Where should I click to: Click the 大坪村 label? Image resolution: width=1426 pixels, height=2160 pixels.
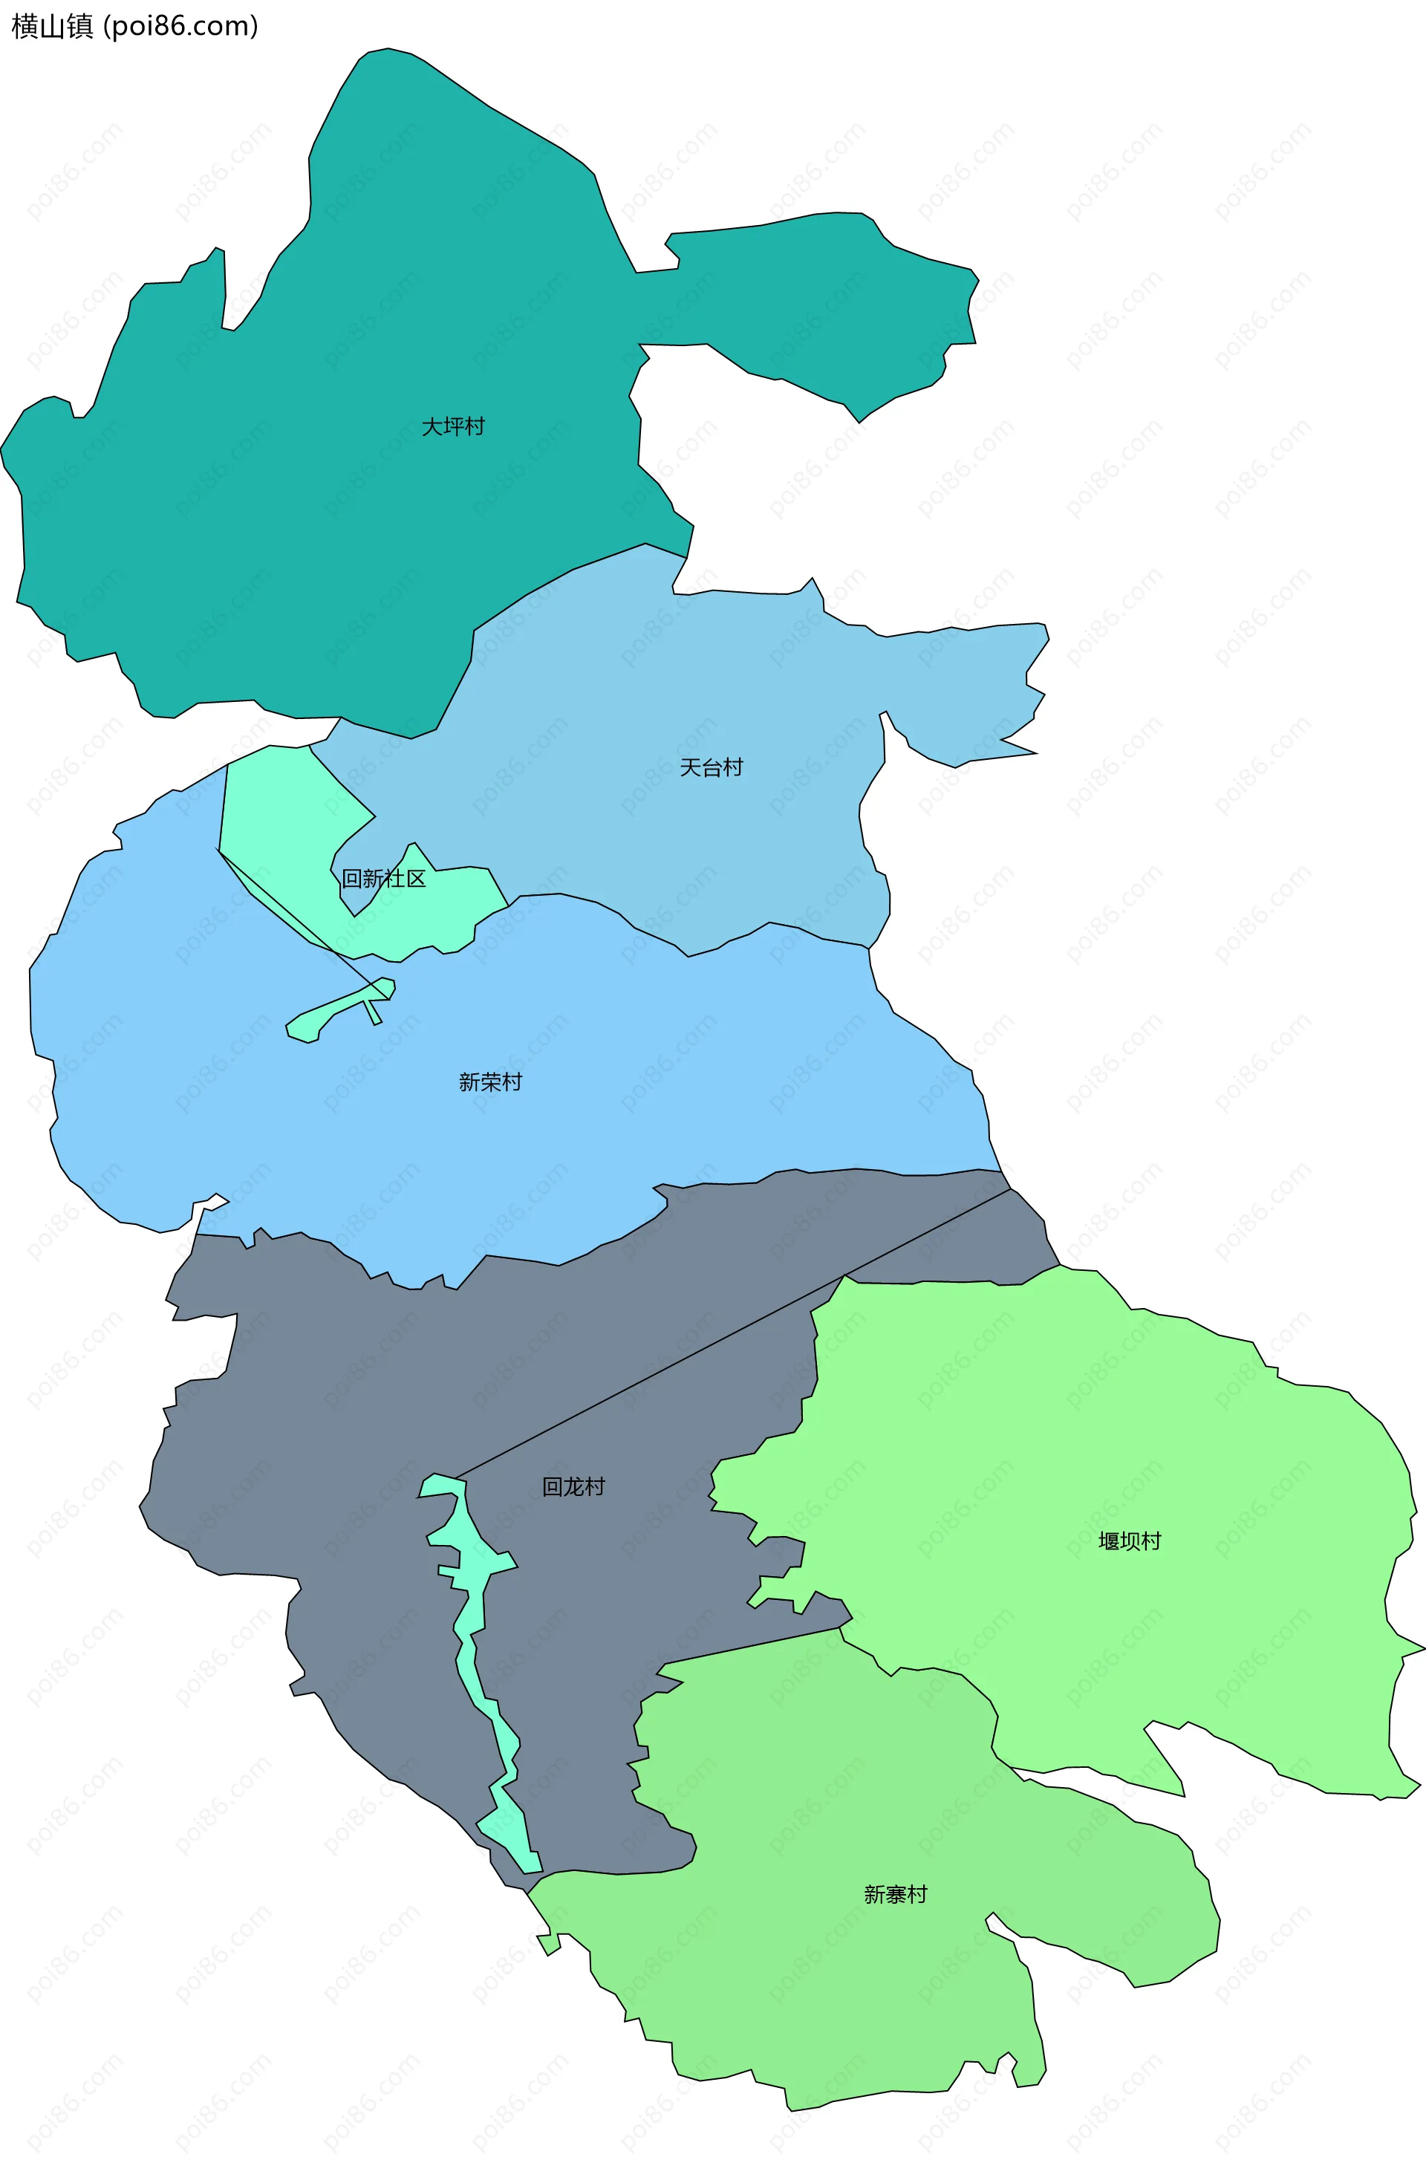click(x=453, y=426)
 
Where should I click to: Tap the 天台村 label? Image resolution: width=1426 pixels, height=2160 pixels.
click(x=712, y=767)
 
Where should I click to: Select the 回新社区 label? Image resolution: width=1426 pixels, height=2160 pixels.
click(x=383, y=879)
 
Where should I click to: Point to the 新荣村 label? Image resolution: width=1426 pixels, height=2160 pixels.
click(x=490, y=1082)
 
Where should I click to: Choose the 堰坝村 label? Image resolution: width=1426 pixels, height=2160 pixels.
click(x=1130, y=1541)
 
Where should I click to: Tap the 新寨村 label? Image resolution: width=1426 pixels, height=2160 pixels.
click(x=895, y=1894)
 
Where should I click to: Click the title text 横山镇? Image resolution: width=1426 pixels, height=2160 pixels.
click(x=52, y=27)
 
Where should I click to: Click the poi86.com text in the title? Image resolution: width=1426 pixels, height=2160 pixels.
click(x=180, y=27)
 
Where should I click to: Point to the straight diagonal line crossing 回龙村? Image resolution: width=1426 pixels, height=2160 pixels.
click(x=728, y=1336)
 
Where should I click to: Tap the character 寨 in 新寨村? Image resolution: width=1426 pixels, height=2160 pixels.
click(x=895, y=1894)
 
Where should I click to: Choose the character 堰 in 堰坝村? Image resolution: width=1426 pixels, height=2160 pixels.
click(x=1109, y=1541)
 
